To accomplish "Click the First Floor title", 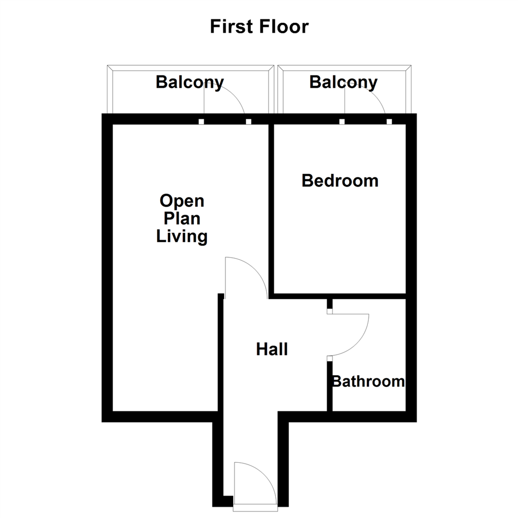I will [x=259, y=27].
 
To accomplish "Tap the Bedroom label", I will [x=340, y=181].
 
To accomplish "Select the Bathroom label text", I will [x=368, y=382].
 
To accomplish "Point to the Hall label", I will [x=272, y=349].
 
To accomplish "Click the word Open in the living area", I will [x=182, y=200].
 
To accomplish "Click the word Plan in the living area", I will [x=182, y=219].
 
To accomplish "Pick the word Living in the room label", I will [x=182, y=236].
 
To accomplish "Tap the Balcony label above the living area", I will [x=189, y=82].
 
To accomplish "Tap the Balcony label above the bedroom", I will [x=343, y=82].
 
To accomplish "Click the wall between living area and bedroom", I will [x=271, y=206].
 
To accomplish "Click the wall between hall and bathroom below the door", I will [x=330, y=386].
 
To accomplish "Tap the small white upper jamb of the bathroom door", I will [x=330, y=311].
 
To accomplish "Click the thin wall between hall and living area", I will [x=221, y=355].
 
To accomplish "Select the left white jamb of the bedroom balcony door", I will [x=342, y=122].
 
